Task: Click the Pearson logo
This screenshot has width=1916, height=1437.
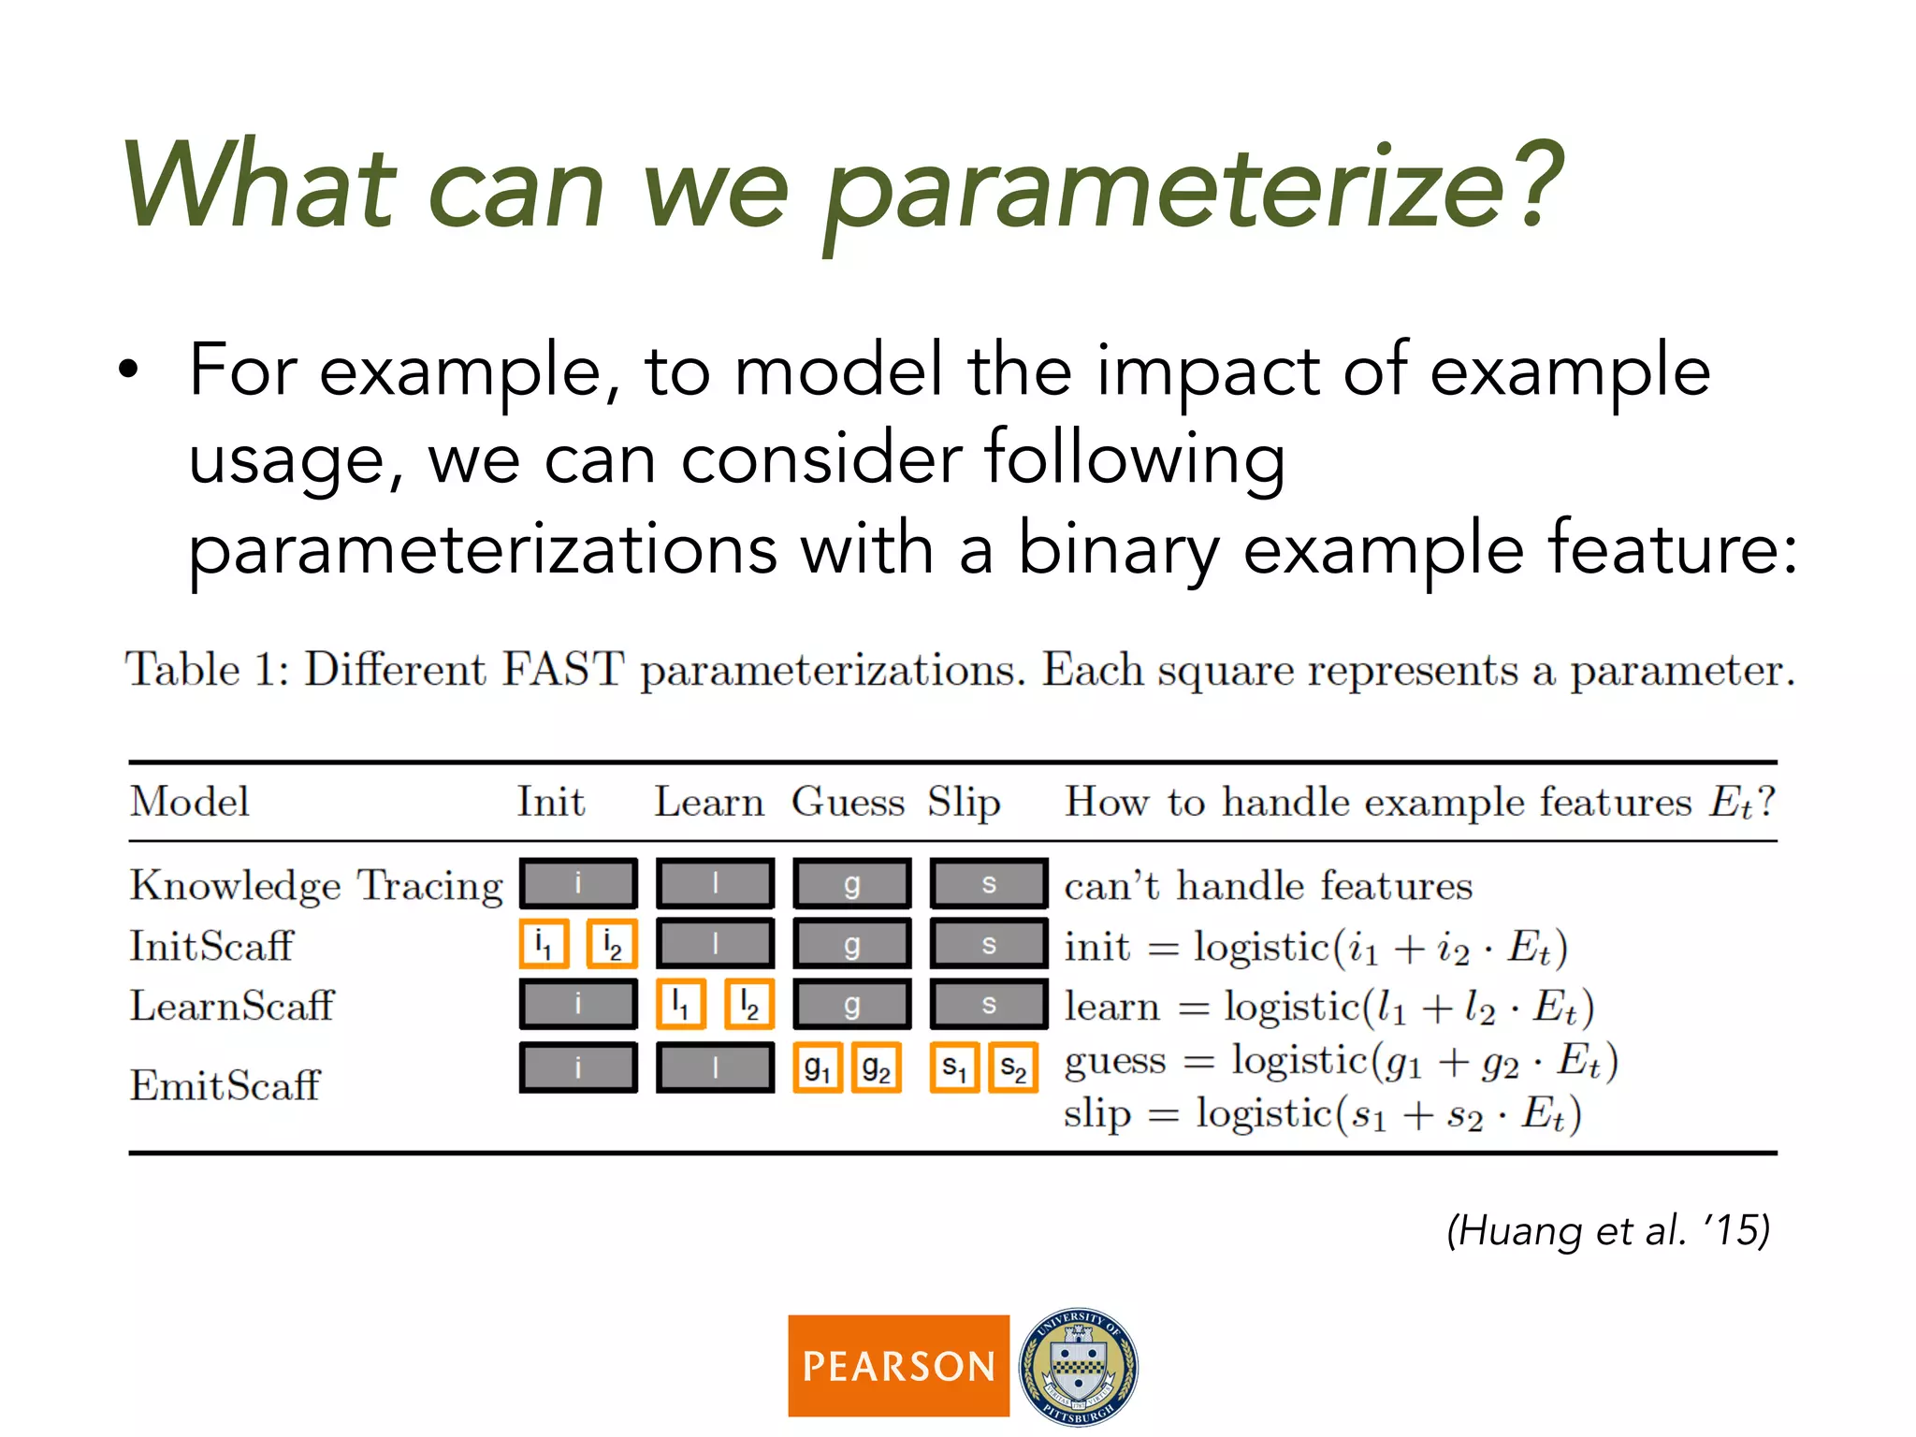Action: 898,1365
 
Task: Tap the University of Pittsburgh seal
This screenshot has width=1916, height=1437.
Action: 1078,1366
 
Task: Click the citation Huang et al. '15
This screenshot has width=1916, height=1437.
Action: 1607,1229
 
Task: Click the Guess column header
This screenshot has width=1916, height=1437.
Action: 848,802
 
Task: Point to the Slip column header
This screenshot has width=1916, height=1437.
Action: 964,803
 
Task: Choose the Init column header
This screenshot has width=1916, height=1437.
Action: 551,802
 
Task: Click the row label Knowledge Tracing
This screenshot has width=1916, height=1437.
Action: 316,885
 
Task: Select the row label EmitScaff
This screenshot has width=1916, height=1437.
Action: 225,1085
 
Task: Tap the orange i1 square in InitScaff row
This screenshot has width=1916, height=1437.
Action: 544,944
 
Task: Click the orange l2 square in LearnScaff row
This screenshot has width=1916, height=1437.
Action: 749,1005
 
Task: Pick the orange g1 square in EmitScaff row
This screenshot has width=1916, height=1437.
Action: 818,1067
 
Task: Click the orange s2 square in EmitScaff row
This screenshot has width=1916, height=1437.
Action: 1013,1067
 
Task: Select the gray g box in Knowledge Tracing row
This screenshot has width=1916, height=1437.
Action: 851,883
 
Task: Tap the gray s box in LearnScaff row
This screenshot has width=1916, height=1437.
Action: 988,1005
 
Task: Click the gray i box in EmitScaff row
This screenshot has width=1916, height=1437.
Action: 578,1067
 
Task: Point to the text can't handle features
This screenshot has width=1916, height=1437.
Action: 1268,885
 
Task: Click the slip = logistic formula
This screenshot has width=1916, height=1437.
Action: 1321,1114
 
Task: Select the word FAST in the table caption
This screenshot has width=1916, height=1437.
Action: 562,670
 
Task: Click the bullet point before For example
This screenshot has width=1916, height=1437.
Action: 129,370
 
